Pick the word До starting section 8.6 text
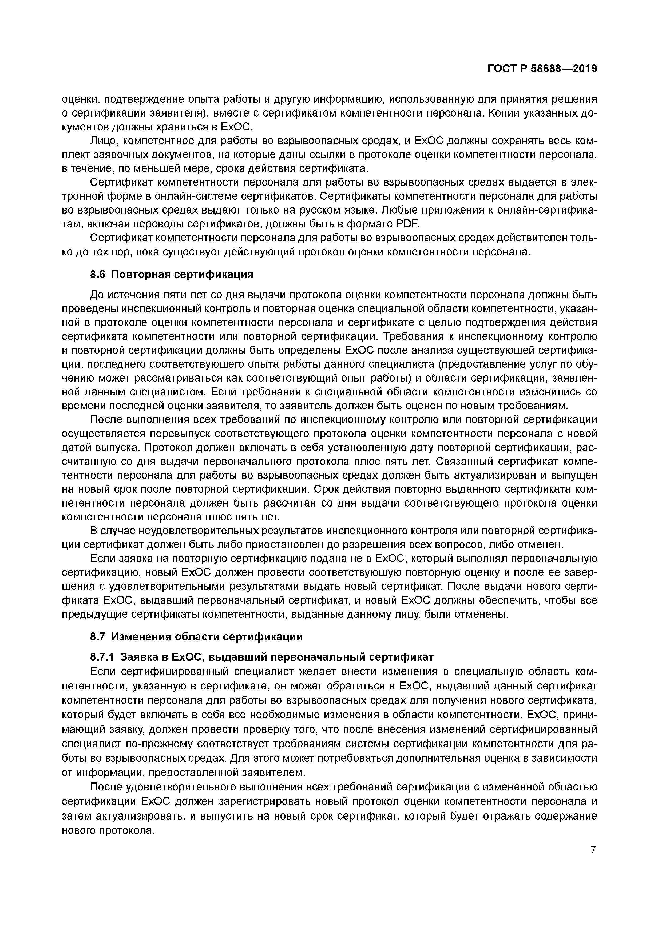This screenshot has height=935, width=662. (x=96, y=294)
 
